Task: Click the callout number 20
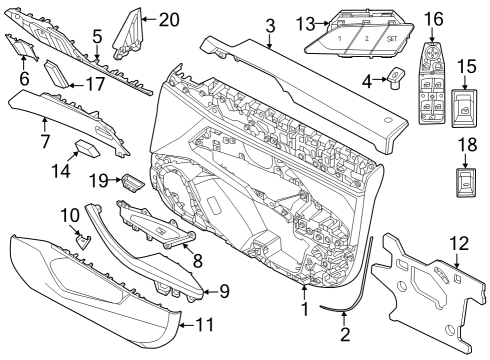(168, 18)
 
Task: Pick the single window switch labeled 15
(466, 109)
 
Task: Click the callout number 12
(458, 242)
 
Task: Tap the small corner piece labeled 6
(20, 46)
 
